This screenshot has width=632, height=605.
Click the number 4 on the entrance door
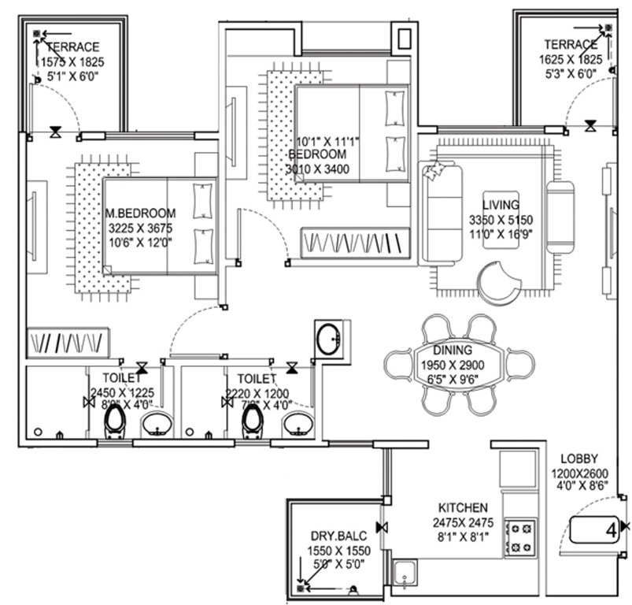(610, 531)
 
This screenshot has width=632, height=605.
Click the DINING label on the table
(453, 350)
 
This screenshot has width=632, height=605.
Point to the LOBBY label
(581, 458)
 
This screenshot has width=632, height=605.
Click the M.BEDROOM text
(141, 213)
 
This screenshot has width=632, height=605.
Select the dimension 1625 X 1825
(571, 60)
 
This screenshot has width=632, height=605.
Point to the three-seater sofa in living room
(442, 213)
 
